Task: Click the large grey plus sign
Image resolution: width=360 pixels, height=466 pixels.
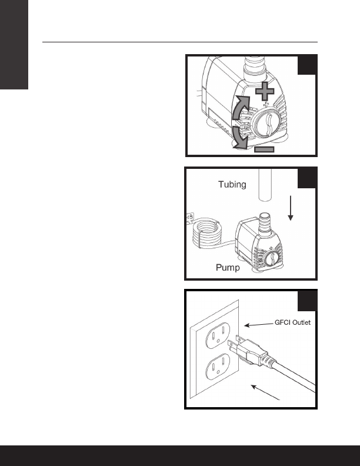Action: pos(265,91)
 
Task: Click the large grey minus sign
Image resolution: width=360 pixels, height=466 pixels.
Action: pos(264,149)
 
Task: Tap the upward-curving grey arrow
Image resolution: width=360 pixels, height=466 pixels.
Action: pos(240,108)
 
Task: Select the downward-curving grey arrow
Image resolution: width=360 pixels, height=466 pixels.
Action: pos(239,137)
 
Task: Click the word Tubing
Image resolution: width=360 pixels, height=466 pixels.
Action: pos(232,185)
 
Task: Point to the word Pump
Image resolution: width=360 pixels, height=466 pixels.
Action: pos(228,268)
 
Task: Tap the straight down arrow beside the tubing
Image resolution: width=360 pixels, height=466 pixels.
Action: pos(291,208)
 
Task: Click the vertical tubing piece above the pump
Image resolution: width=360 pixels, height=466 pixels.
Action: pos(265,185)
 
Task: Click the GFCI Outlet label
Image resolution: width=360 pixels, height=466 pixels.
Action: pos(292,322)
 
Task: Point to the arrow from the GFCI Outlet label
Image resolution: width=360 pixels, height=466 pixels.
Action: pos(259,325)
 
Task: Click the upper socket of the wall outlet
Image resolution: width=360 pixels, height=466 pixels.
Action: pos(218,335)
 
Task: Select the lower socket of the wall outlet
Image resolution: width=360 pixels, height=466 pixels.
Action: pos(218,366)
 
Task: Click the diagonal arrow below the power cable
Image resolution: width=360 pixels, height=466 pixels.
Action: pos(265,392)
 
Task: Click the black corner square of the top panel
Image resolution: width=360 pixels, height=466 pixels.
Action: pos(307,65)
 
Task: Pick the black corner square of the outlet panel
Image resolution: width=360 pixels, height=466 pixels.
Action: pos(307,301)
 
